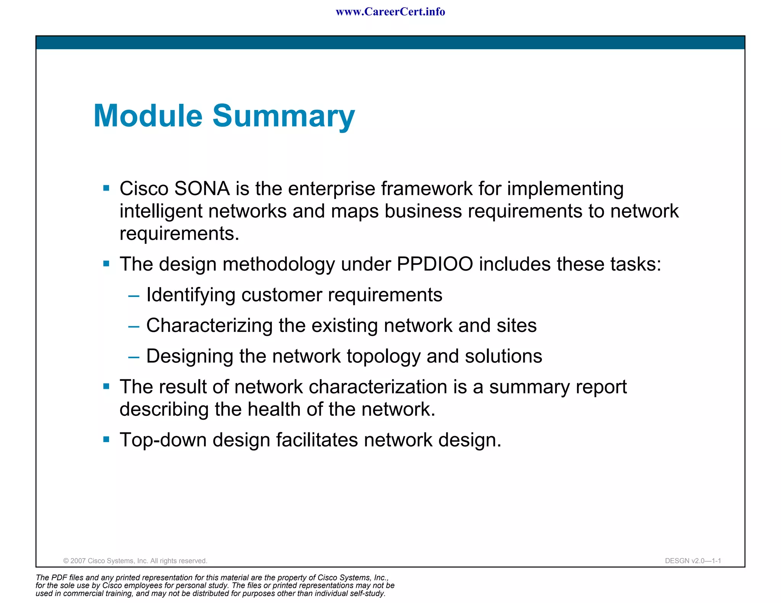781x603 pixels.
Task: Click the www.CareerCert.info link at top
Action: (390, 12)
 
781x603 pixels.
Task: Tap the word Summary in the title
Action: (283, 116)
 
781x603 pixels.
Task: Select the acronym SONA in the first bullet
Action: (202, 189)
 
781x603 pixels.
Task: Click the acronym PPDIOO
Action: (435, 264)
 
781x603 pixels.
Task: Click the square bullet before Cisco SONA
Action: (106, 188)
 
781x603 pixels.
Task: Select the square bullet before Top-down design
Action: (106, 439)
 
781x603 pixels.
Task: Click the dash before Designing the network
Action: (133, 357)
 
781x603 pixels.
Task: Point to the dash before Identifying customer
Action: (133, 296)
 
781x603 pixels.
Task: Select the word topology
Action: (383, 356)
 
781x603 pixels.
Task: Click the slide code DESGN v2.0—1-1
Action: (693, 561)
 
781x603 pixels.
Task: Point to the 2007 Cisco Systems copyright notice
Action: (135, 561)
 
